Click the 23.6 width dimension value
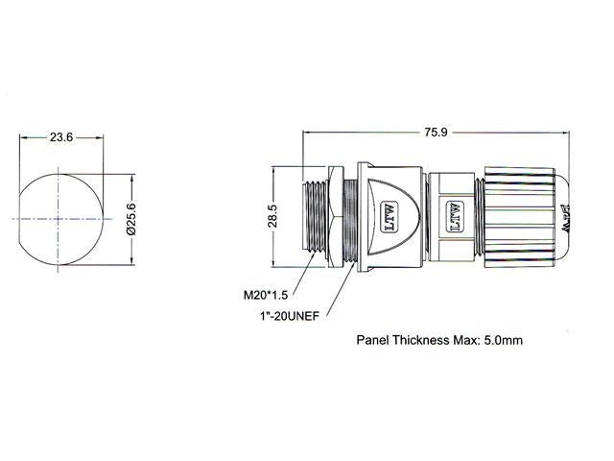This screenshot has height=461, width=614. tap(61, 137)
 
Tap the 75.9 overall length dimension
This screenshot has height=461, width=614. tap(437, 133)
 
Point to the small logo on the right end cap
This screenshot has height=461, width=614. tap(565, 212)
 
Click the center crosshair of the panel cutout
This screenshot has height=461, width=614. tap(61, 219)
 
